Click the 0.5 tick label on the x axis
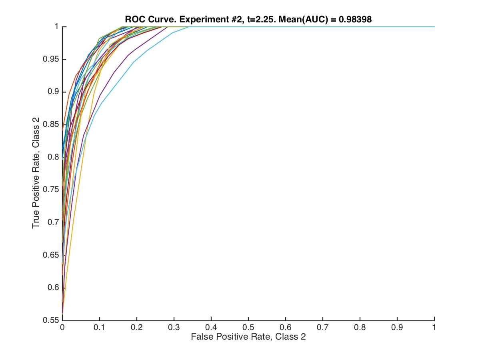click(x=248, y=327)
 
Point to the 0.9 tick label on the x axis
click(x=397, y=327)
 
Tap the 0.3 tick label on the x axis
click(x=174, y=327)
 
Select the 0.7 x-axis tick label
click(x=323, y=327)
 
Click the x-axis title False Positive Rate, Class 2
click(x=248, y=337)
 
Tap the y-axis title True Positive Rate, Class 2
click(x=36, y=173)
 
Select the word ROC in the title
click(x=134, y=19)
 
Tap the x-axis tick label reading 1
click(x=434, y=327)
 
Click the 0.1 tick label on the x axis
click(x=100, y=327)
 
